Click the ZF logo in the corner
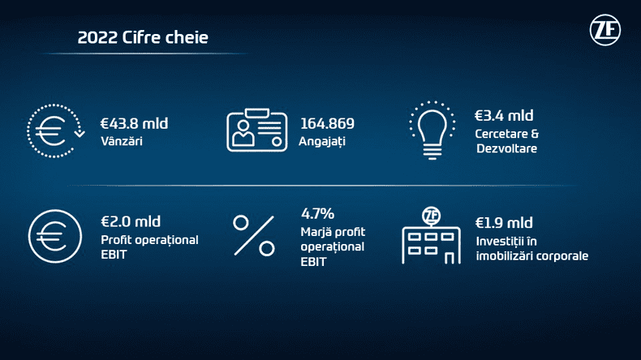click(605, 32)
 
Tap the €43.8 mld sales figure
click(134, 123)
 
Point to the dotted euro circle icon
click(54, 130)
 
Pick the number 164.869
click(327, 123)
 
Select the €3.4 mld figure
click(504, 115)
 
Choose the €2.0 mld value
click(131, 221)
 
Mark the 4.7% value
click(317, 214)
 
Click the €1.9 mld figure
click(504, 222)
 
